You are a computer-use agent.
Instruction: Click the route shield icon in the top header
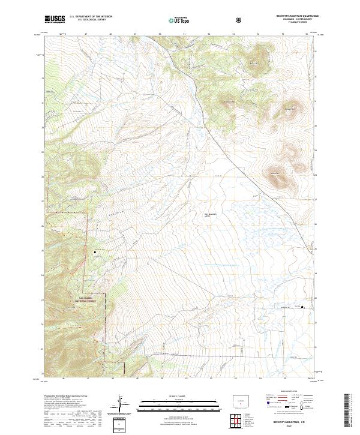(x=240, y=20)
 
